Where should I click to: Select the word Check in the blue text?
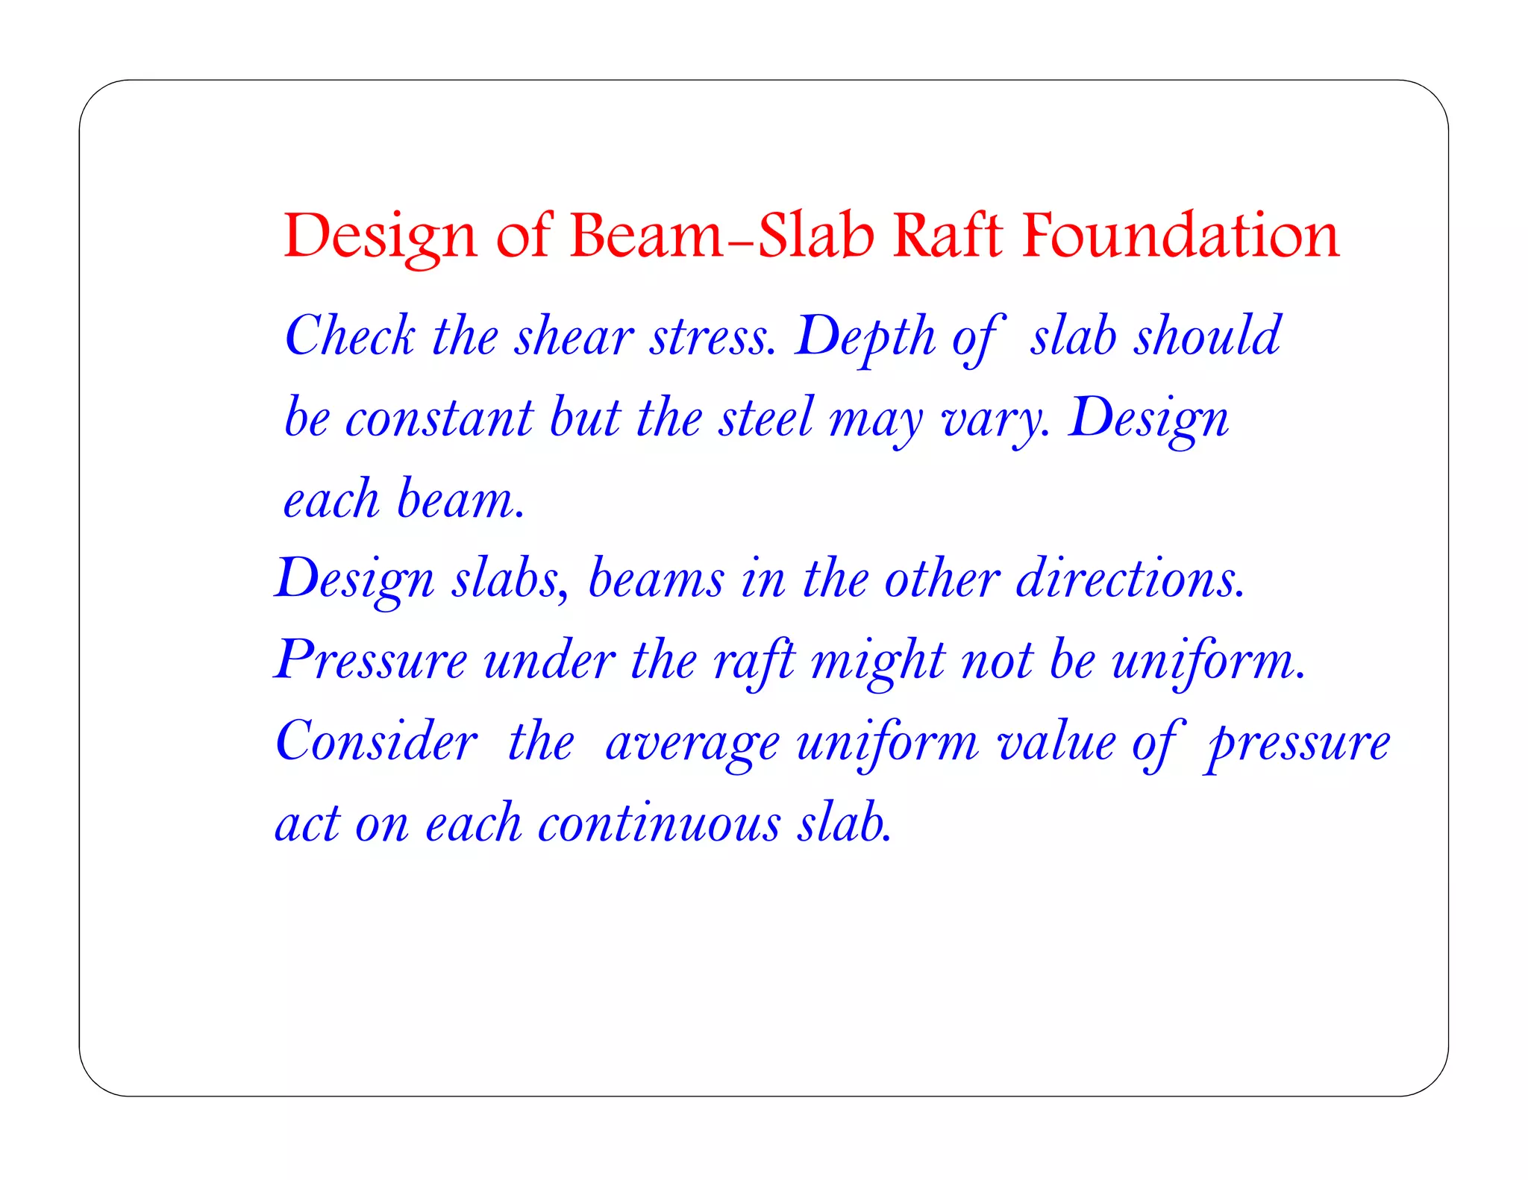tap(349, 336)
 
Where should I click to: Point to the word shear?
tap(574, 336)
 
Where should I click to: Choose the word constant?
tap(439, 418)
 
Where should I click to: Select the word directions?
tap(1130, 580)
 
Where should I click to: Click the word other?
tap(941, 580)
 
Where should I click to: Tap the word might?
tap(877, 662)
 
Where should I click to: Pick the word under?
tap(549, 661)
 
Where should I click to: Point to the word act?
tap(307, 825)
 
